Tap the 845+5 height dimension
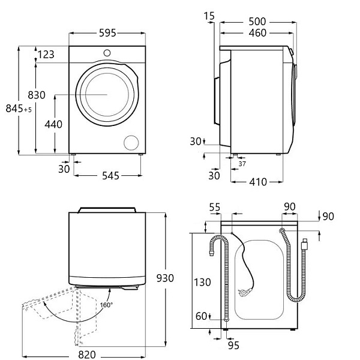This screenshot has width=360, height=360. tap(19, 109)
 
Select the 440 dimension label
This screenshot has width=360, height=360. tap(53, 125)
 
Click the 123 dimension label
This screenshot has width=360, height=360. tap(46, 55)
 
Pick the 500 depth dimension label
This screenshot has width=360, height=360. tap(257, 22)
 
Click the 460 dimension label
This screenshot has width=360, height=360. tap(257, 33)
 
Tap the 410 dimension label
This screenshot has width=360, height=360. tap(257, 181)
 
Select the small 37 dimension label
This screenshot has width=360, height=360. tap(242, 164)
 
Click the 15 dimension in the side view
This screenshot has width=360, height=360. tap(208, 15)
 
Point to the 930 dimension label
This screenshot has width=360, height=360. tap(164, 278)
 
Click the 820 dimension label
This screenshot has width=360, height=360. tap(87, 355)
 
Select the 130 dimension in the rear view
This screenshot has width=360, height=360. tap(202, 281)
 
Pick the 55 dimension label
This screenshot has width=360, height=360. tap(215, 207)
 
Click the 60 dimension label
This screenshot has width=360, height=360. tap(201, 316)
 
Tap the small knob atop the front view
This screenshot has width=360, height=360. tap(107, 52)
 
